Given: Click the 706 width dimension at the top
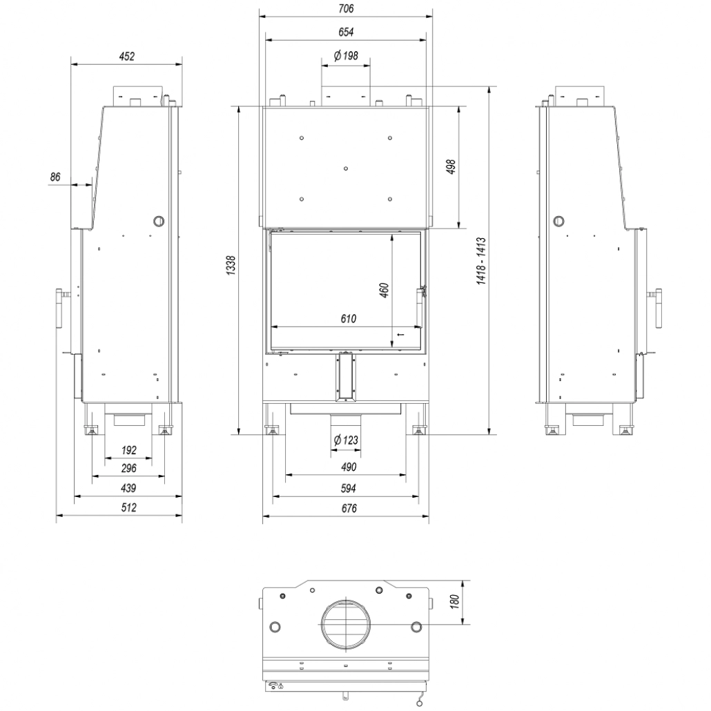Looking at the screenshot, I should pos(346,9).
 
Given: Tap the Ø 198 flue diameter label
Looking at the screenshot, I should pos(345,57).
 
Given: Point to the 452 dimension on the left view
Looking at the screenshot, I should pos(126,57).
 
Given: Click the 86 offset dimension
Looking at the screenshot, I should pos(56,177).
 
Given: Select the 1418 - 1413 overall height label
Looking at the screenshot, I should pos(482,261).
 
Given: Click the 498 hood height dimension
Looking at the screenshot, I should pos(451,168).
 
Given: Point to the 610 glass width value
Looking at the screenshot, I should pos(347,319).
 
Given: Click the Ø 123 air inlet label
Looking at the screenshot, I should pos(345,440).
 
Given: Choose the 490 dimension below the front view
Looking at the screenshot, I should pos(348,467).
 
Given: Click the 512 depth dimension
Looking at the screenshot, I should pos(128,508).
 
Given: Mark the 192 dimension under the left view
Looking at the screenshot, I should pos(128,450).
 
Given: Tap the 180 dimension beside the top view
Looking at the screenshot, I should pos(454,602).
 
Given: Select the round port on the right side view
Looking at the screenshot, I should pos(558,222).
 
